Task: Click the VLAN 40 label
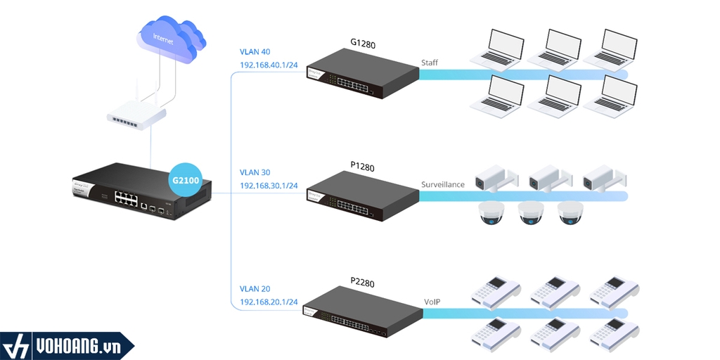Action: pyautogui.click(x=255, y=51)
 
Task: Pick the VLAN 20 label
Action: pyautogui.click(x=255, y=289)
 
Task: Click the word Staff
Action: pyautogui.click(x=430, y=63)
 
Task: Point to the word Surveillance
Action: pyautogui.click(x=443, y=185)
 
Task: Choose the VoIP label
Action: pyautogui.click(x=432, y=302)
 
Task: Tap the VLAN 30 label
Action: pyautogui.click(x=255, y=172)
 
